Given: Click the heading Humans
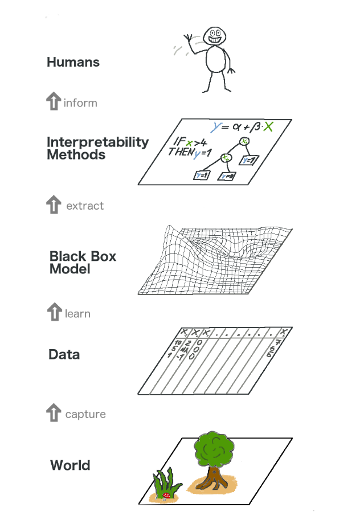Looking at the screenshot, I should [73, 62].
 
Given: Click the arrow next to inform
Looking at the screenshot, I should [53, 102].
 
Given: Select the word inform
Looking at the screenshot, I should [80, 103].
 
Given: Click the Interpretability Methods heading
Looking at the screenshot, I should [97, 148].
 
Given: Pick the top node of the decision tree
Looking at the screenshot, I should [244, 141].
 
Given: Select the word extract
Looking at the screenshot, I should [85, 206].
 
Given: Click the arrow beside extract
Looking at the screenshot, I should [53, 205].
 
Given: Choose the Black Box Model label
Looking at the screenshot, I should [83, 262].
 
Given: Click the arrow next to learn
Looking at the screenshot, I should [53, 312].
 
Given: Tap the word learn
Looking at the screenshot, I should [77, 314].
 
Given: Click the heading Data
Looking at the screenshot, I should [64, 354].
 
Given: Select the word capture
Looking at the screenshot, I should [85, 414].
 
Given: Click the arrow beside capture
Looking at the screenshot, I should [53, 413].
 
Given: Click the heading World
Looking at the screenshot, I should [70, 465].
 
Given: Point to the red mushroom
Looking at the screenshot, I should [166, 496].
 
